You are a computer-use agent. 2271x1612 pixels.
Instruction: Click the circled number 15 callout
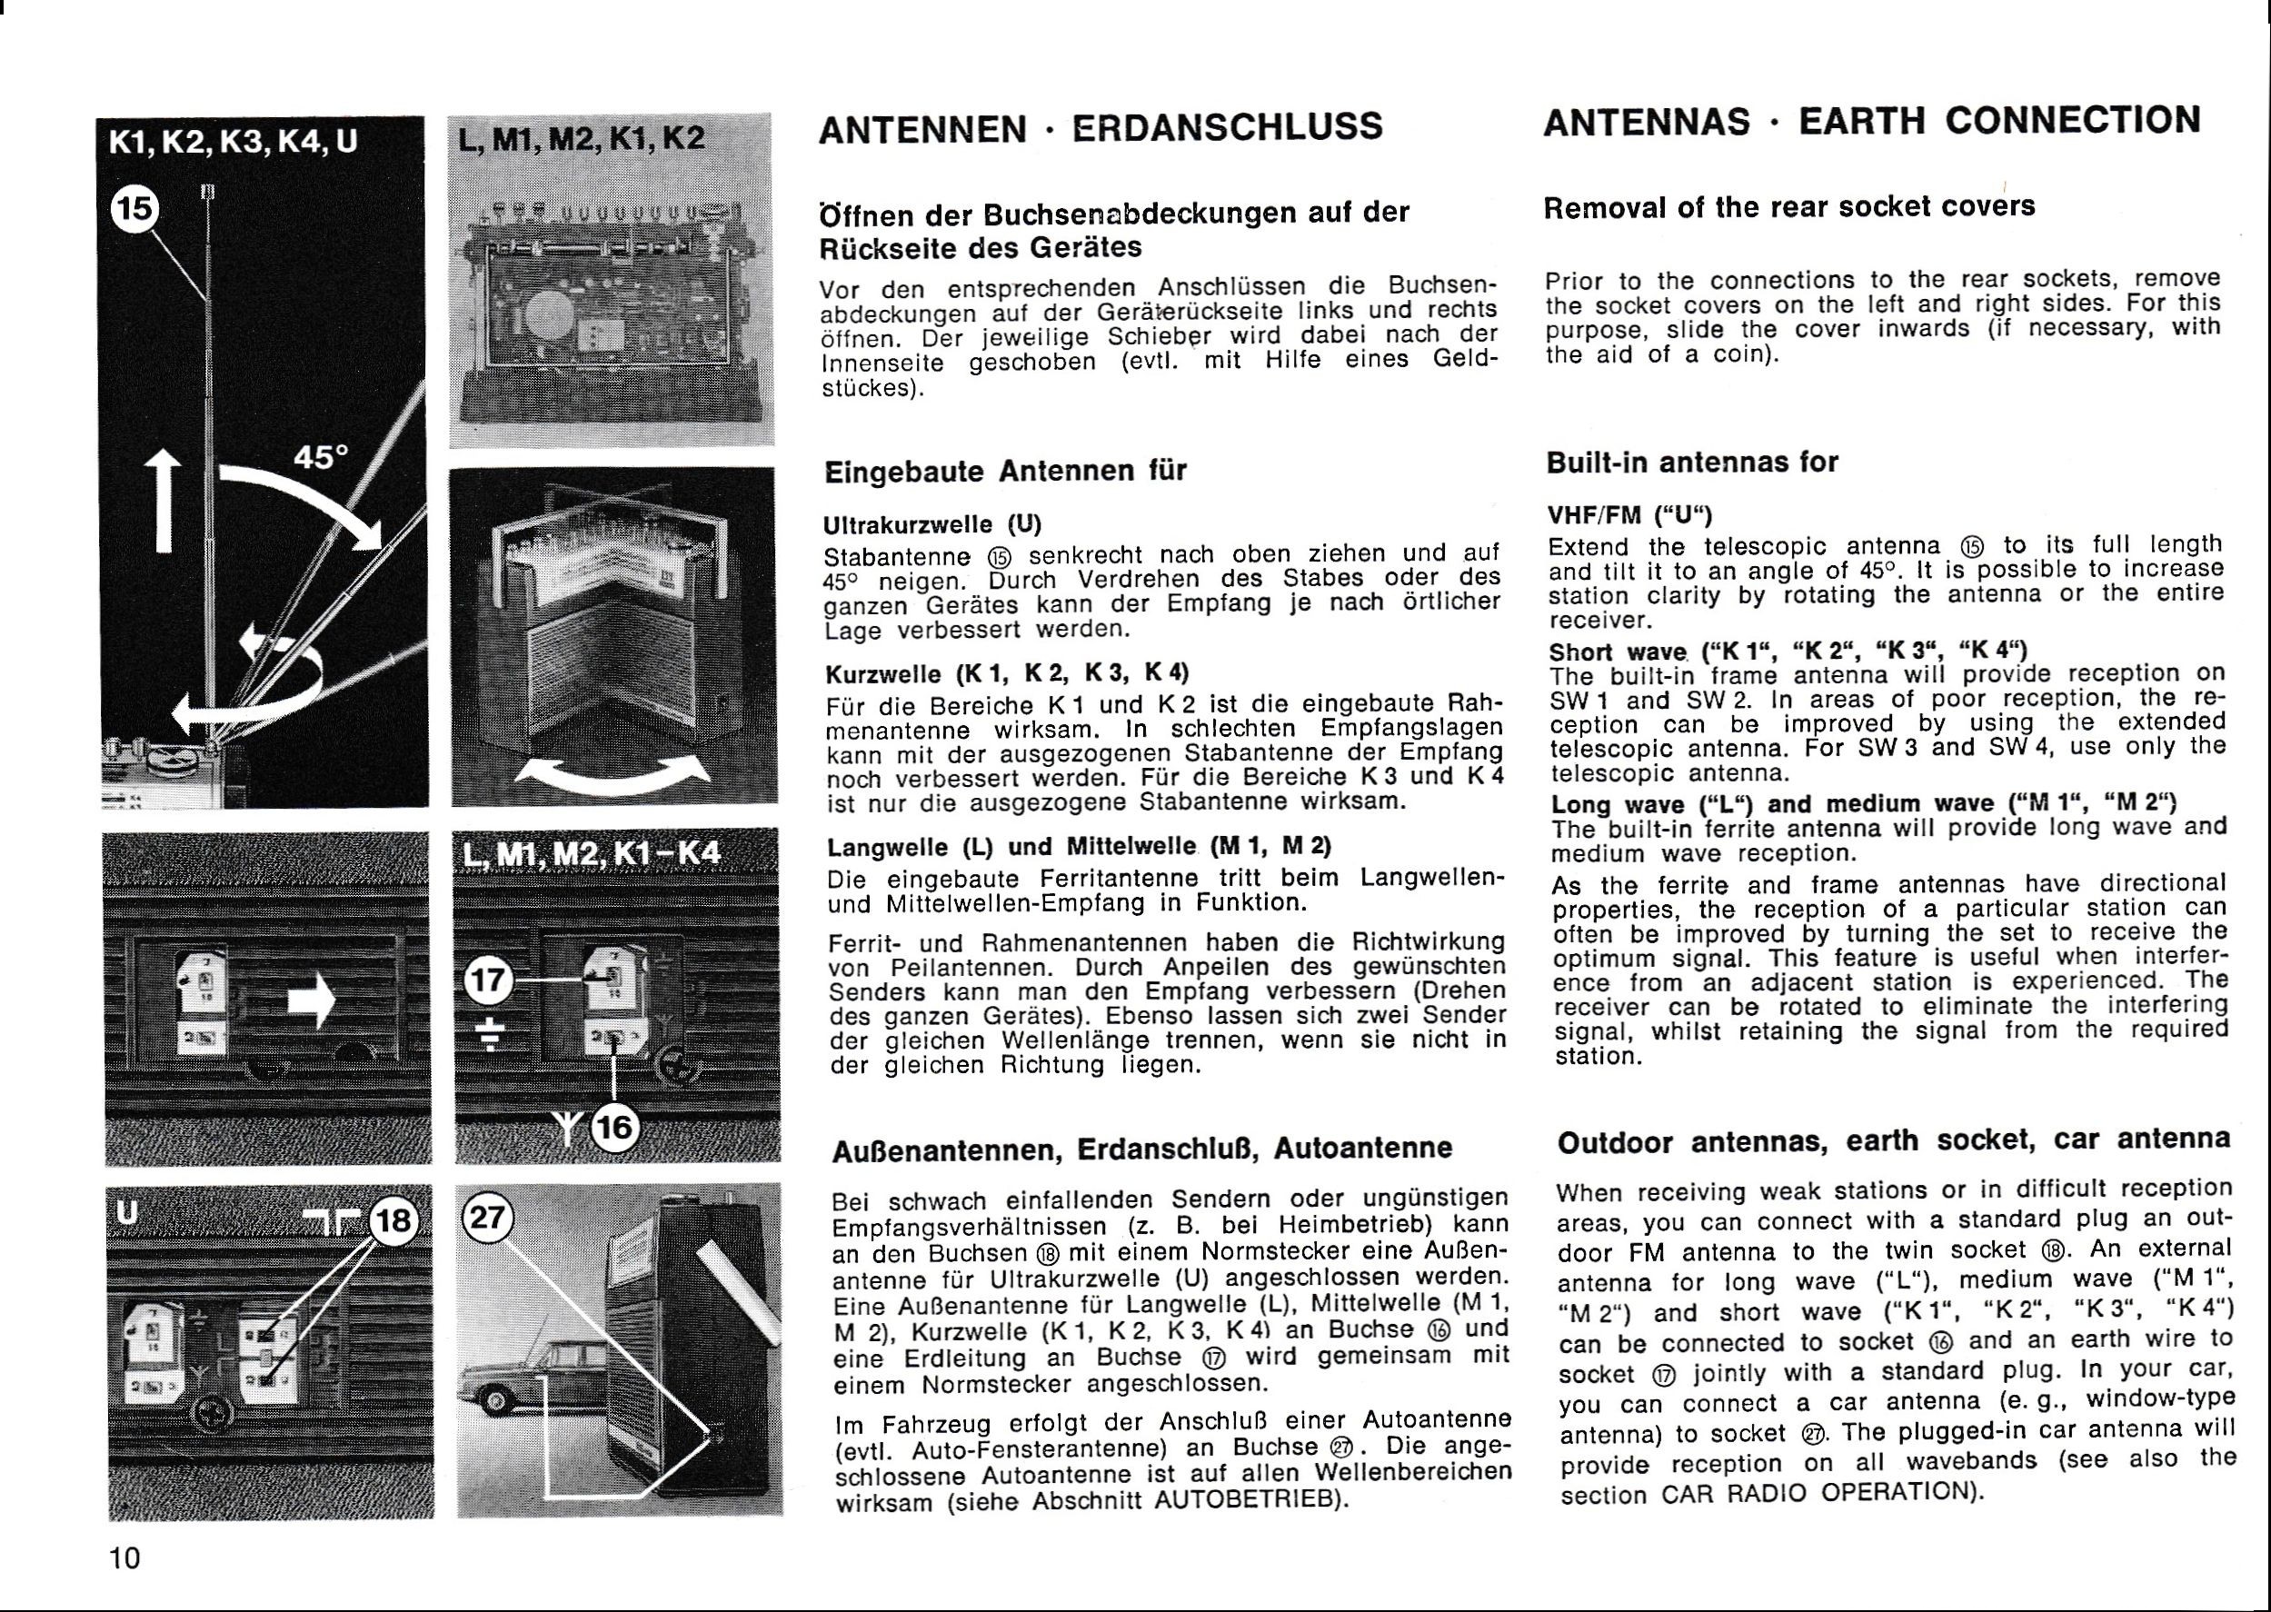(x=136, y=207)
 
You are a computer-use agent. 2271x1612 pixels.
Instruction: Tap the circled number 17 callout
(x=488, y=981)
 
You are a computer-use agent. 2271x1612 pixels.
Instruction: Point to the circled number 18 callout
(x=394, y=1218)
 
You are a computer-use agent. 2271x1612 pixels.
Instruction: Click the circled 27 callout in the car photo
(x=486, y=1216)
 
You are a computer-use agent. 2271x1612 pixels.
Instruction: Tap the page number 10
(x=125, y=1558)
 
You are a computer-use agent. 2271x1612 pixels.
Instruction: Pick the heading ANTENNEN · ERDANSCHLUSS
(x=1100, y=128)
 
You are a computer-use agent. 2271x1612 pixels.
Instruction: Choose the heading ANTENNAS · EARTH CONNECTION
(x=1872, y=121)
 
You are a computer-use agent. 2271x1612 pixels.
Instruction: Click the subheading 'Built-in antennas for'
(x=1692, y=463)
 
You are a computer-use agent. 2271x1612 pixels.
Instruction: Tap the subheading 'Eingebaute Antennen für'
(x=1005, y=471)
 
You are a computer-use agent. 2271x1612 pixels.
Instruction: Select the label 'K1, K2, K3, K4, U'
(x=233, y=143)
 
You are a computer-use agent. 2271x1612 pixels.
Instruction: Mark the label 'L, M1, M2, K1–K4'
(x=593, y=852)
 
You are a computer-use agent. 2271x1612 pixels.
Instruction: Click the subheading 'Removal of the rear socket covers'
(x=1789, y=206)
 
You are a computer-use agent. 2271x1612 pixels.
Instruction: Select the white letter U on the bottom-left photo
(x=126, y=1212)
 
